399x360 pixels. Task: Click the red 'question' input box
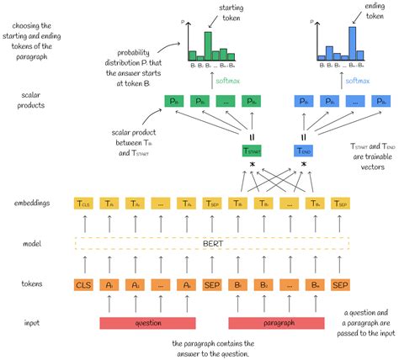(x=148, y=322)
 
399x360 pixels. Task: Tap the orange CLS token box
(x=85, y=285)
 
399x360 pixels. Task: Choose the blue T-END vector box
(x=304, y=151)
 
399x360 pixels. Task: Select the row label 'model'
(x=35, y=244)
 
